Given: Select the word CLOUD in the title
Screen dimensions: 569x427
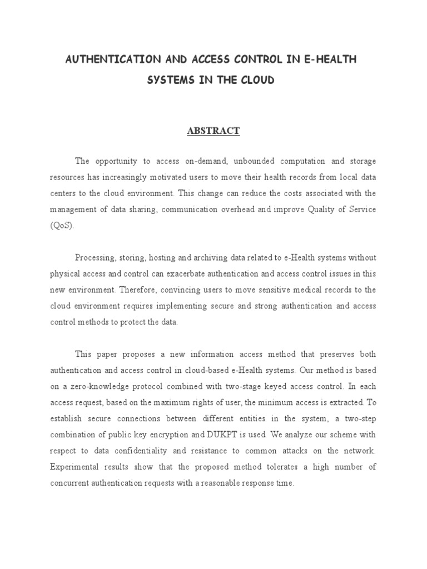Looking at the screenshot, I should (x=255, y=80).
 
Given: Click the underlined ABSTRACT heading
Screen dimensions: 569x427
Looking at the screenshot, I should (x=213, y=131).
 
